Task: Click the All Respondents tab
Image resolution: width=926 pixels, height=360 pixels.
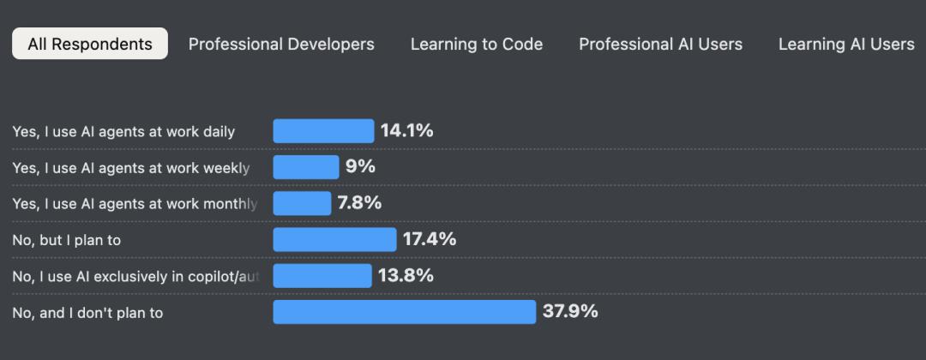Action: pos(90,44)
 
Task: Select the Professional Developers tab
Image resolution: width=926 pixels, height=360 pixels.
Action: pos(281,44)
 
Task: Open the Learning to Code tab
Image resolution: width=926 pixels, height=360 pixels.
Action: pos(477,44)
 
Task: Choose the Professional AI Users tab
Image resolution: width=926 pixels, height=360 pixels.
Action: pos(661,44)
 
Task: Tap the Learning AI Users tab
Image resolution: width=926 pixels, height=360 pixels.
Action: pos(846,44)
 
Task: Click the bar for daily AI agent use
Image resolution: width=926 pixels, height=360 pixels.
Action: pos(323,131)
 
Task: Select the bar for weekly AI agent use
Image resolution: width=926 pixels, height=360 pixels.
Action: pos(306,167)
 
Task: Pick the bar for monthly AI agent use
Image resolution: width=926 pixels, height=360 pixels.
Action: pos(302,203)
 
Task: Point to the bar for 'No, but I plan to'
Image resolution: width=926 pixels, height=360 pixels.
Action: pos(334,240)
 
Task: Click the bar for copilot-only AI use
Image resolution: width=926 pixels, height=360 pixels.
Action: pos(322,276)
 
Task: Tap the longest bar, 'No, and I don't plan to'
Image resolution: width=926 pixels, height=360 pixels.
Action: pos(404,312)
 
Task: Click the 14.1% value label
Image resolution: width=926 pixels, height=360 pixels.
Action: pos(406,131)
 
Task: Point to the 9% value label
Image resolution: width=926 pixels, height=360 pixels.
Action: pos(360,167)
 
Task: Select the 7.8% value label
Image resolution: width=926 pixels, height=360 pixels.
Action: pos(359,203)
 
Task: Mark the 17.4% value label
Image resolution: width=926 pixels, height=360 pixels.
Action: pos(430,240)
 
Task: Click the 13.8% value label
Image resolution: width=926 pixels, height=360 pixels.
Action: pos(406,276)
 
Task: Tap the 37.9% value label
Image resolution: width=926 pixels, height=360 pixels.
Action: pos(570,312)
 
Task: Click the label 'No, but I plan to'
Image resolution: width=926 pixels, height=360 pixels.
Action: pos(66,241)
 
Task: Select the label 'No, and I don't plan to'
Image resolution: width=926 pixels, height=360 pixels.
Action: pos(87,313)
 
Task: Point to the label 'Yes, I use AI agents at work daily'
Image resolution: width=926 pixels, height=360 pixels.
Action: pos(123,132)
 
